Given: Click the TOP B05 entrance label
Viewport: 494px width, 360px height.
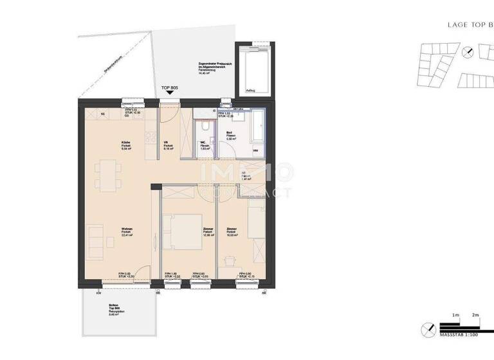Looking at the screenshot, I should [x=170, y=87].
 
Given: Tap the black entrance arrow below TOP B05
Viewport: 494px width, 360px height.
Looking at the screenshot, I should [x=170, y=94].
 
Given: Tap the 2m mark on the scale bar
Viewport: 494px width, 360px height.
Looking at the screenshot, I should [x=475, y=315].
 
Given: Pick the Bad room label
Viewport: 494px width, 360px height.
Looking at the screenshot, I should [x=229, y=134].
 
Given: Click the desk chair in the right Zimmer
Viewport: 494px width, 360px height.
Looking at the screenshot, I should [x=230, y=259].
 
